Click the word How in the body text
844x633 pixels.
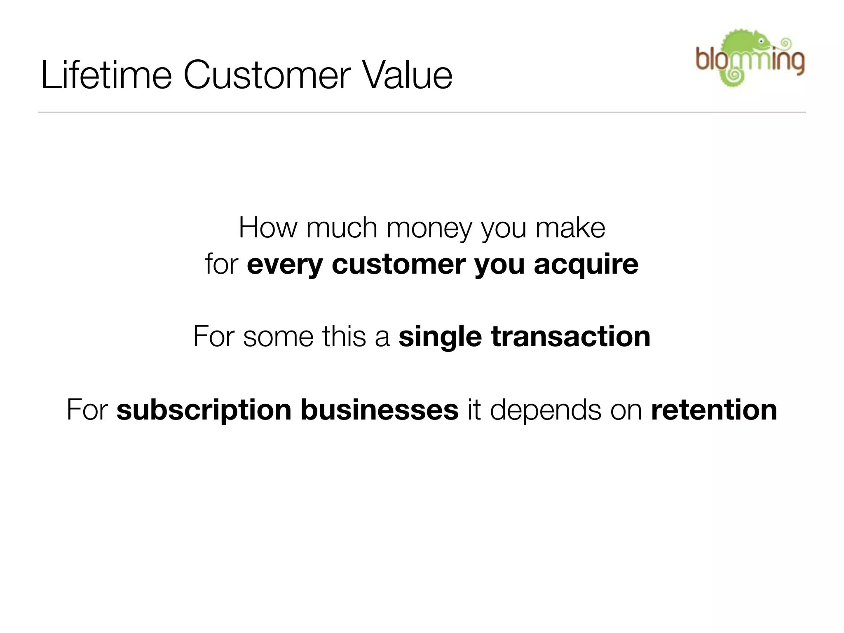[x=267, y=227]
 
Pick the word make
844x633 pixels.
[x=570, y=227]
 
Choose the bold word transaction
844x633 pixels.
[x=571, y=337]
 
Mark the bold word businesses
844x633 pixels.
[x=379, y=410]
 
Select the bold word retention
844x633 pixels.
[x=714, y=410]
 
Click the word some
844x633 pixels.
[x=278, y=337]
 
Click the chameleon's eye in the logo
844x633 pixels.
[x=761, y=41]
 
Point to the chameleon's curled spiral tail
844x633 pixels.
[x=734, y=75]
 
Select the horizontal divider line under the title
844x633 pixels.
[x=422, y=112]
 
